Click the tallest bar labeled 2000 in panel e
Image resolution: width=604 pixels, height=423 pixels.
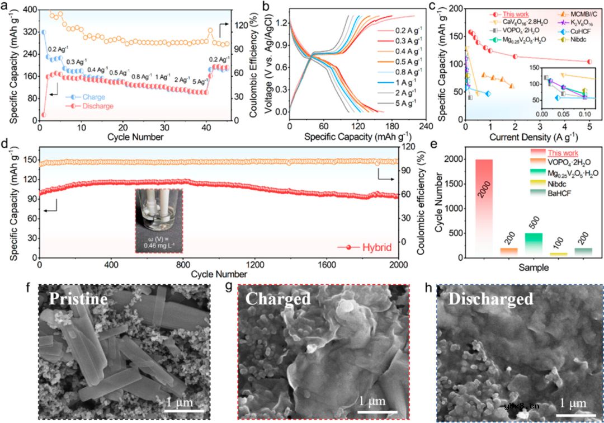coord(484,207)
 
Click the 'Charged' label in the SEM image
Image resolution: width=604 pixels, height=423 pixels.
coord(278,299)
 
